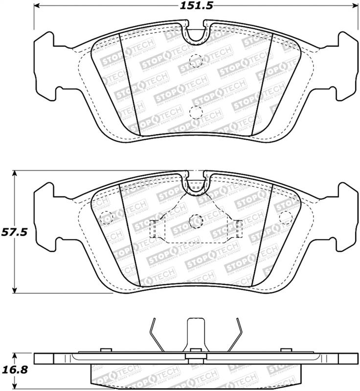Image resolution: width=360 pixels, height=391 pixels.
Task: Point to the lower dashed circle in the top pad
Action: pyautogui.click(x=195, y=111)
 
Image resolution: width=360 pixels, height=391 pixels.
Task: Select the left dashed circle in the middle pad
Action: pyautogui.click(x=105, y=216)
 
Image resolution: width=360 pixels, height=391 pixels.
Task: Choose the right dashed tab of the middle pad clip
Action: pyautogui.click(x=238, y=227)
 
